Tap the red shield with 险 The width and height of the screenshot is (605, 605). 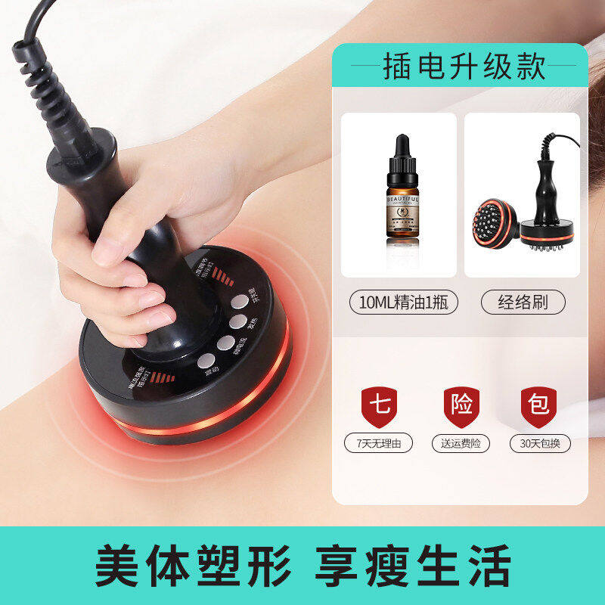(x=461, y=407)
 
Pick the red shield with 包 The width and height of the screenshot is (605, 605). (x=538, y=407)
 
